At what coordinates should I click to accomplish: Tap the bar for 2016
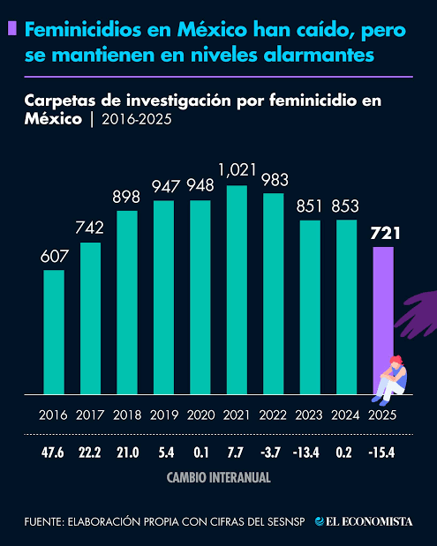click(x=55, y=332)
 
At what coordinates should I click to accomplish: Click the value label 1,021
click(x=237, y=169)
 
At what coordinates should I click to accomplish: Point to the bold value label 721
click(x=385, y=234)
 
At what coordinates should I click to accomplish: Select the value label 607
click(x=55, y=257)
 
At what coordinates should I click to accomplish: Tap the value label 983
click(x=274, y=180)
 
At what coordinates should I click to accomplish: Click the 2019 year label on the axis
click(x=164, y=415)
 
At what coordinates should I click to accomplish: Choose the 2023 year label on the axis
click(x=310, y=415)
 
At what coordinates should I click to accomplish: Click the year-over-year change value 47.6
click(x=55, y=453)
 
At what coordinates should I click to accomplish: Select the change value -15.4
click(x=383, y=453)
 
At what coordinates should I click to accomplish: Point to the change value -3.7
click(x=274, y=453)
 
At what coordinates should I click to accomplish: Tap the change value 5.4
click(x=164, y=453)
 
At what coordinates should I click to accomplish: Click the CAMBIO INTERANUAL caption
click(x=218, y=477)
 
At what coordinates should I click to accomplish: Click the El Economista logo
click(x=364, y=521)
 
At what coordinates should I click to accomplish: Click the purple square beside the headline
click(x=11, y=29)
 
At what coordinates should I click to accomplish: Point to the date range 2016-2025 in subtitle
click(x=137, y=119)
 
